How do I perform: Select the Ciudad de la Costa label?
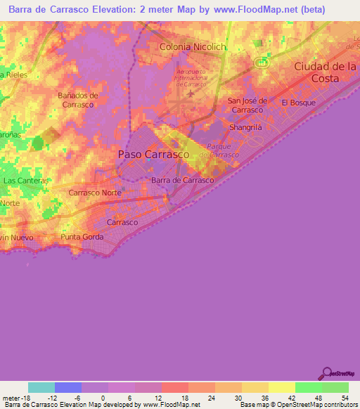coord(326,72)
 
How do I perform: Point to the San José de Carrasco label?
coord(245,105)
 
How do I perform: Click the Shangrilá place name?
coord(246,127)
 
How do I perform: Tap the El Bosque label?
coord(299,103)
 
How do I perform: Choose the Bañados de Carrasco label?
coord(77,100)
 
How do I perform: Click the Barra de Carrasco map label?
coord(182,180)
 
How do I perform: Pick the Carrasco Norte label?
coord(96,192)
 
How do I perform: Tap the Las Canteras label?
coord(26,181)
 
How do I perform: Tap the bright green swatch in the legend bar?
coord(308,387)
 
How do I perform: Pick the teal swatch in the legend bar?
coord(41,387)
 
